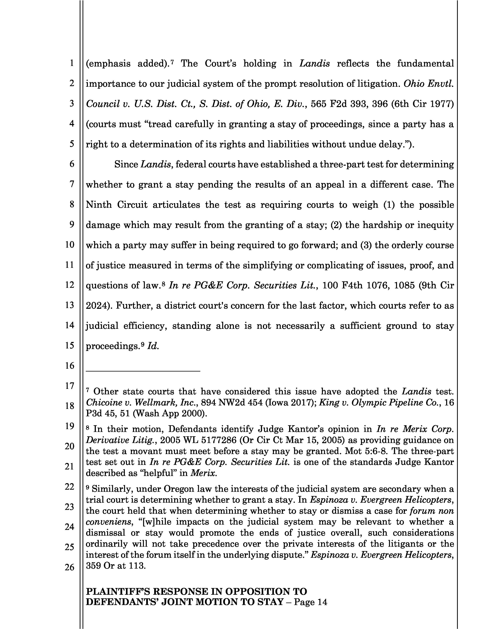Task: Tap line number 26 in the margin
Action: (x=69, y=567)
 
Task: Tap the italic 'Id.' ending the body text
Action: (x=153, y=346)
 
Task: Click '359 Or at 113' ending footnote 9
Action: (x=115, y=566)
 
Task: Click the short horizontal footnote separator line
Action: (x=143, y=371)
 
